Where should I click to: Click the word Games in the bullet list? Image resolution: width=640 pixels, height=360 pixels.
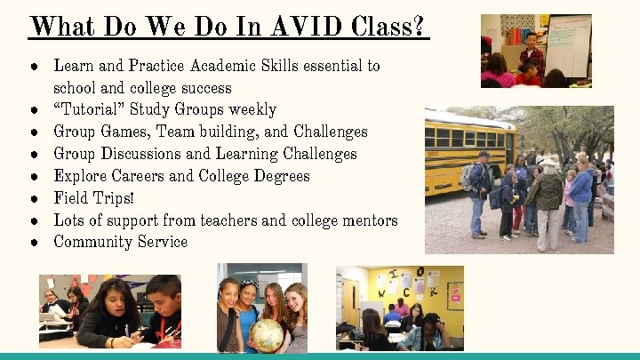pyautogui.click(x=126, y=132)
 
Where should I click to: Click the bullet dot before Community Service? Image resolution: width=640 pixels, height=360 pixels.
pyautogui.click(x=34, y=243)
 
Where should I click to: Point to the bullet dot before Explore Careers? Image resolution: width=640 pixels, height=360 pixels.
pyautogui.click(x=34, y=176)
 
